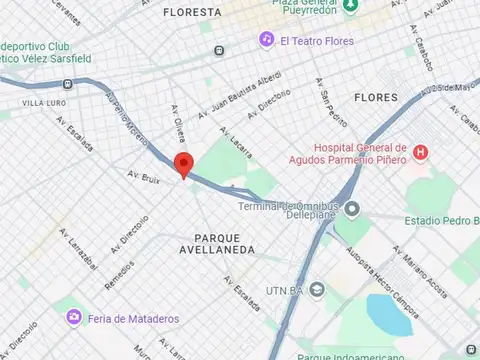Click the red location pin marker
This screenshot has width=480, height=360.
[x=183, y=165]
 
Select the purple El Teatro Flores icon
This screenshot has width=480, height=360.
[x=267, y=40]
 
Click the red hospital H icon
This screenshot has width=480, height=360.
[x=421, y=152]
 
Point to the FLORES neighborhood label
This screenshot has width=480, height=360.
[x=376, y=98]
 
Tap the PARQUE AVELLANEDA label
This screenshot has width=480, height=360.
[x=218, y=243]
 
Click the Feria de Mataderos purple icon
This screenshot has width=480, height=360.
[x=74, y=317]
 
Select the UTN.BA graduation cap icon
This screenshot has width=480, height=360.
[x=317, y=289]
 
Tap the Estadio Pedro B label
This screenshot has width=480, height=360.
[x=441, y=220]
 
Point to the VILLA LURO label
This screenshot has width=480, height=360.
[x=45, y=103]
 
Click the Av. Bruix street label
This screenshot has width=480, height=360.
[x=144, y=177]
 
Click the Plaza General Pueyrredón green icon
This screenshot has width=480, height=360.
[x=350, y=6]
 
